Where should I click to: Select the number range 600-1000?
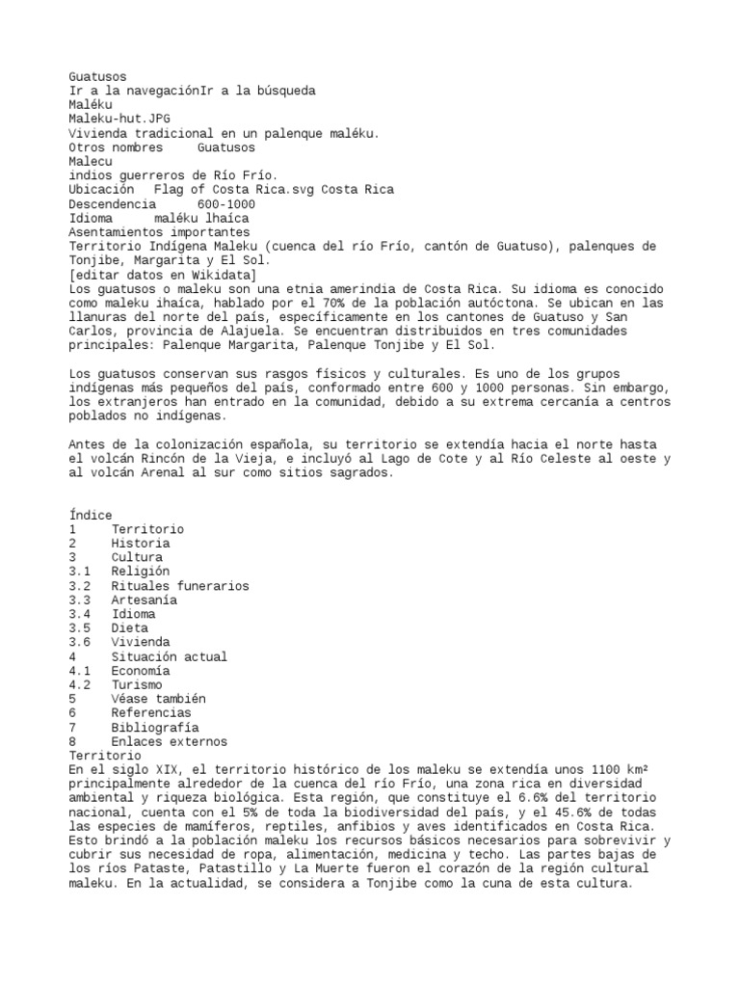point(225,204)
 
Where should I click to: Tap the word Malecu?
point(91,162)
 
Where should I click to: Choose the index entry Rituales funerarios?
point(179,586)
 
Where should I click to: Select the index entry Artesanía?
point(145,600)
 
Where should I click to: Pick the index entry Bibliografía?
point(155,728)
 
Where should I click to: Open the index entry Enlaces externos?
point(169,742)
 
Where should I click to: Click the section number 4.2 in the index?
point(80,685)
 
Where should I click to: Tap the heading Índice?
point(91,516)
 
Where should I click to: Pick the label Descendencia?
point(112,204)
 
